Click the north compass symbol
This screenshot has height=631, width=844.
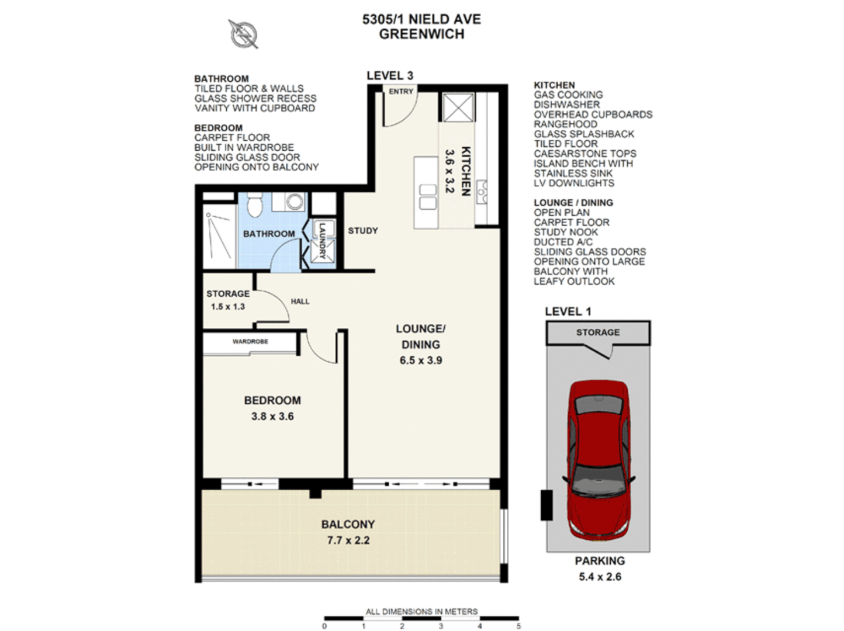[244, 34]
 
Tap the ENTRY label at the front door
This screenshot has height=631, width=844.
[401, 92]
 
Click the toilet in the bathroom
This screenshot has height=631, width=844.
[255, 204]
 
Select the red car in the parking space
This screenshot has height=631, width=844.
[599, 459]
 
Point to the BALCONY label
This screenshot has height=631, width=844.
[348, 525]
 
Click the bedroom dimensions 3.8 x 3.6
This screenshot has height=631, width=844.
[272, 417]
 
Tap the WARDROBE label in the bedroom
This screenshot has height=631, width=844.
[250, 342]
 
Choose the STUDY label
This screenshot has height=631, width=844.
[363, 231]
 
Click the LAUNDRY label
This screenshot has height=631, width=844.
[322, 240]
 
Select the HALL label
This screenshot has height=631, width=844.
[300, 301]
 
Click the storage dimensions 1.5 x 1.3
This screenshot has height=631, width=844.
[228, 307]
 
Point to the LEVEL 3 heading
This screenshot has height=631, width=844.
[390, 76]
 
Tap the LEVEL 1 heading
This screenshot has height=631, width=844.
[568, 312]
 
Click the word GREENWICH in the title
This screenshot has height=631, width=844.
[421, 34]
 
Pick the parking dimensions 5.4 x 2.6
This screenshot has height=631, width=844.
[600, 577]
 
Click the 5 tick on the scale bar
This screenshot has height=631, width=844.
[518, 626]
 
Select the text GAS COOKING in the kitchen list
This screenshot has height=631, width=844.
[568, 95]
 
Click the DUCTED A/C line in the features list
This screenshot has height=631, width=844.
[563, 242]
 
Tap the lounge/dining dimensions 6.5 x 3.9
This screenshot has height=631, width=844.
[421, 360]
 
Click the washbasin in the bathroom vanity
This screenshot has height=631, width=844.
[295, 202]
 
